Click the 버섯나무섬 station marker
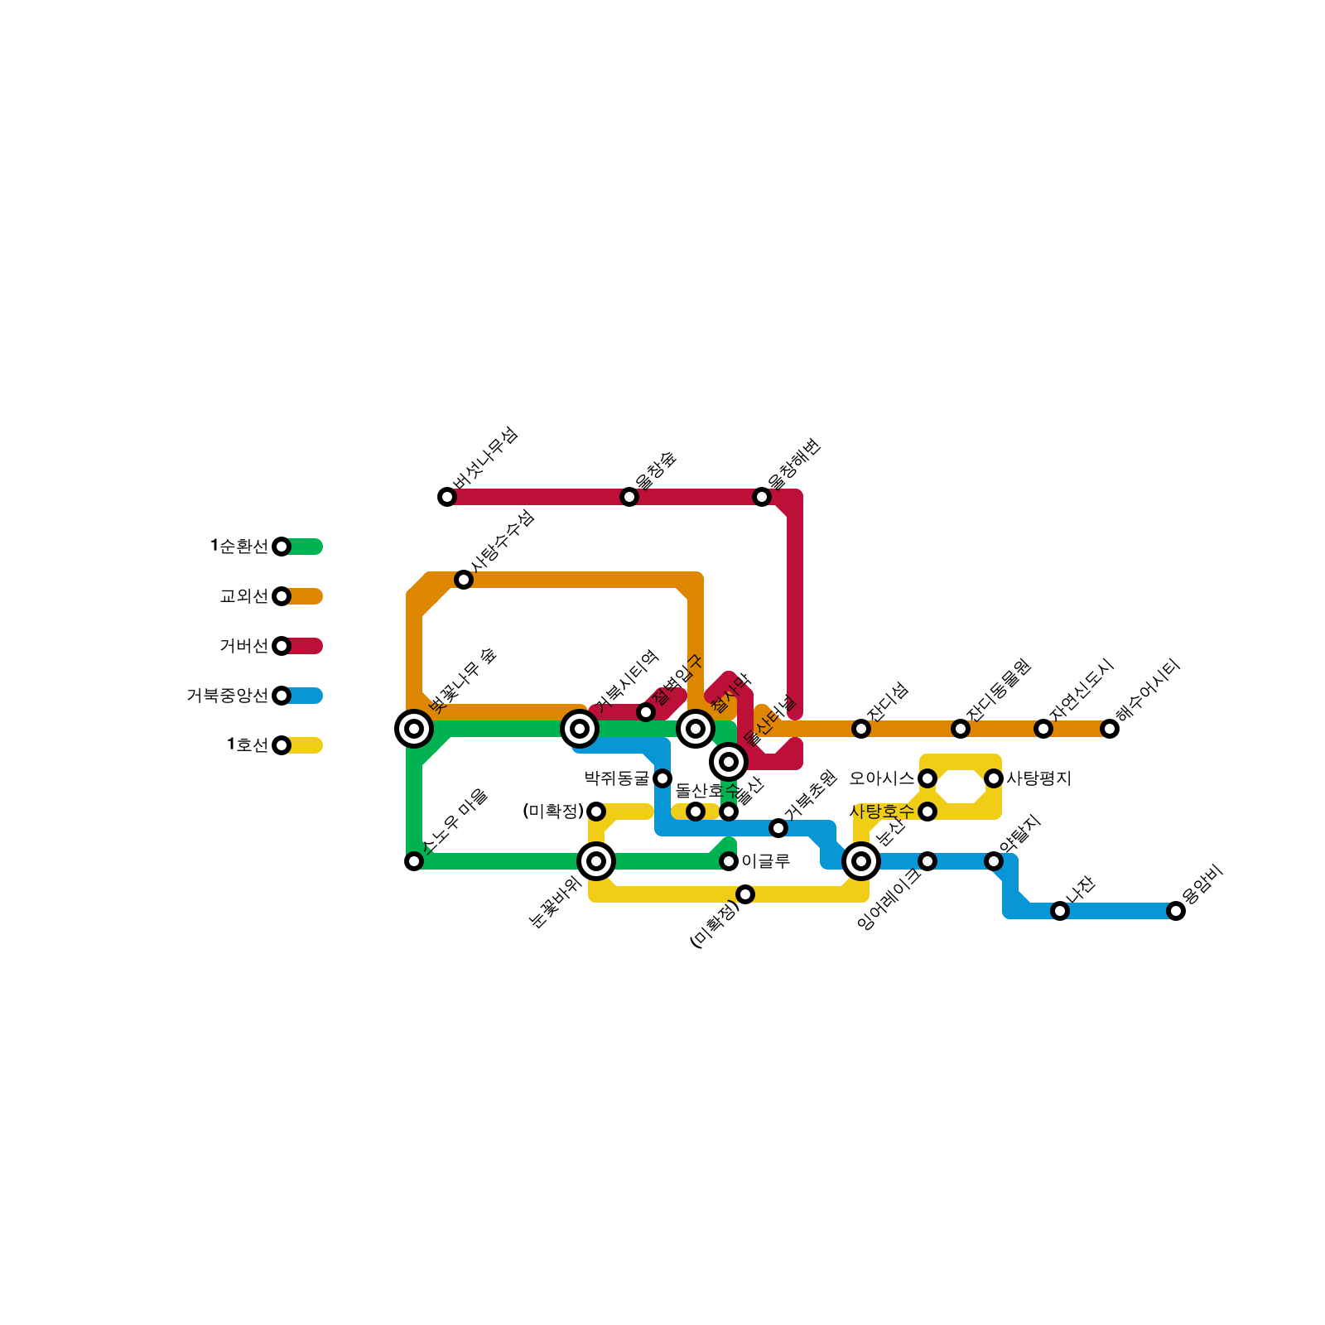pyautogui.click(x=447, y=497)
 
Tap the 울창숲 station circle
pyautogui.click(x=629, y=497)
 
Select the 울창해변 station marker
pyautogui.click(x=762, y=497)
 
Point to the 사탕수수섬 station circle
pyautogui.click(x=464, y=580)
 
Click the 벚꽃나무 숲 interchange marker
pyautogui.click(x=414, y=729)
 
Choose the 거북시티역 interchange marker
pyautogui.click(x=580, y=729)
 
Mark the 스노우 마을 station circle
pyautogui.click(x=414, y=861)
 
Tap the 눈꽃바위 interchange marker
pyautogui.click(x=596, y=861)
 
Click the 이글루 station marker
pyautogui.click(x=729, y=861)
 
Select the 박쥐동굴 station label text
pyautogui.click(x=617, y=778)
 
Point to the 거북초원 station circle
pyautogui.click(x=778, y=828)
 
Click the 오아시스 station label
pyautogui.click(x=882, y=778)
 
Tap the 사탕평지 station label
pyautogui.click(x=1039, y=778)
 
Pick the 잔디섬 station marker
pyautogui.click(x=861, y=729)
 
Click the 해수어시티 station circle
pyautogui.click(x=1110, y=729)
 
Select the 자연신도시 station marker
pyautogui.click(x=1043, y=729)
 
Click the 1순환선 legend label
pyautogui.click(x=239, y=547)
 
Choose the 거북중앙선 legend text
pyautogui.click(x=228, y=696)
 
